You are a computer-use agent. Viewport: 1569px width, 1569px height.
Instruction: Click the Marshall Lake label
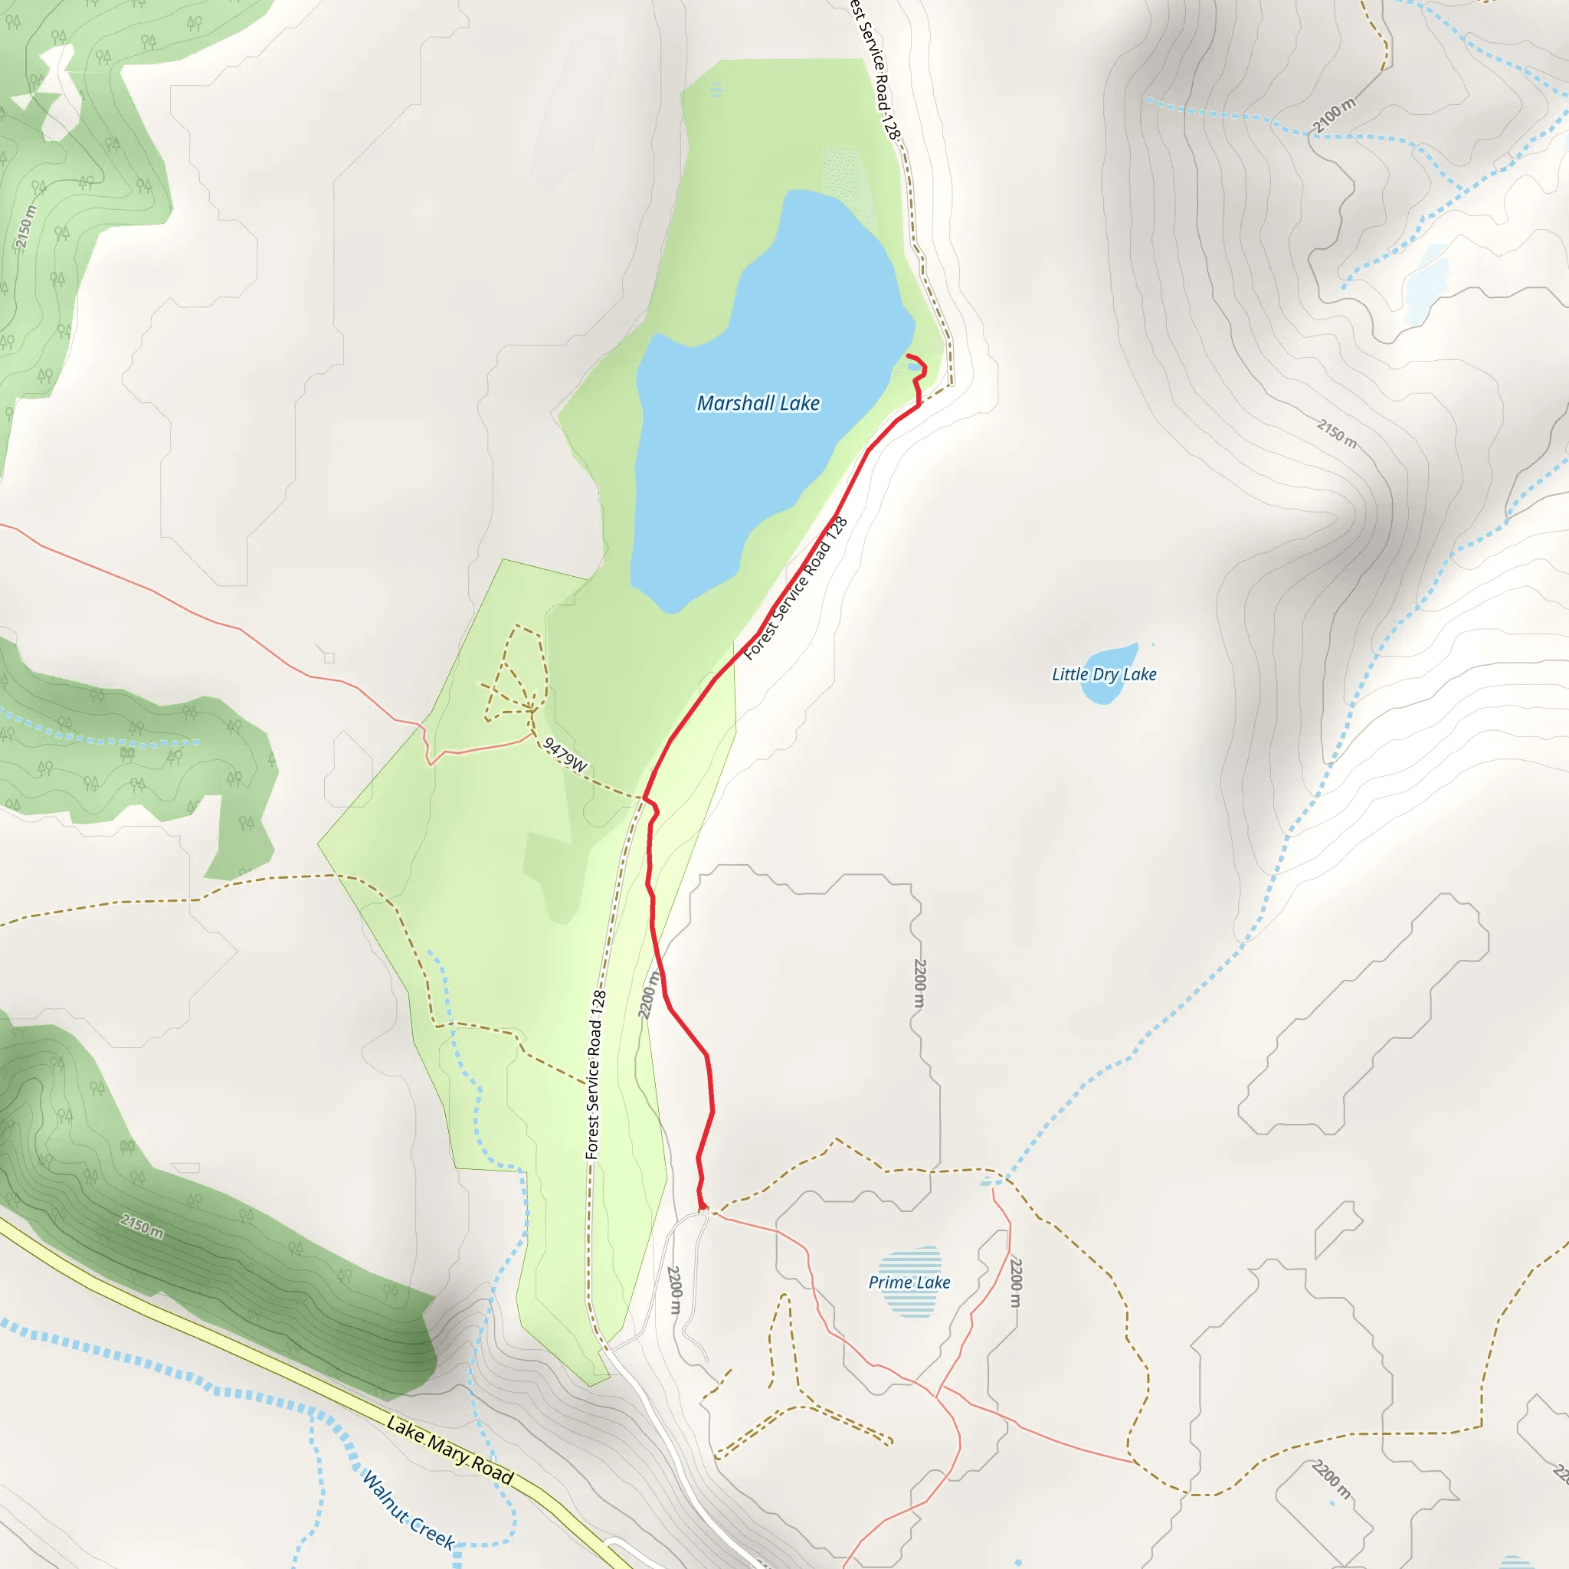coord(758,404)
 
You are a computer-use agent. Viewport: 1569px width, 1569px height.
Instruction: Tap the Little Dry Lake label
coord(1104,674)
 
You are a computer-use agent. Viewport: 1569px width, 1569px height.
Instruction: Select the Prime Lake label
coord(909,1282)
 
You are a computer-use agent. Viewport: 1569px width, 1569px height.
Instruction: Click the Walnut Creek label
coord(408,1510)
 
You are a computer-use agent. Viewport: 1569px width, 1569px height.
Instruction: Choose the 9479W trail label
coord(565,755)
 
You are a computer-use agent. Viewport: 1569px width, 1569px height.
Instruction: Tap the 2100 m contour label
coord(1335,116)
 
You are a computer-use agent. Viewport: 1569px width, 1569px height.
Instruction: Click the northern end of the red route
coord(907,355)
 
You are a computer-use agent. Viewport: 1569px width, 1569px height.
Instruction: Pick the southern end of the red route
coord(703,1210)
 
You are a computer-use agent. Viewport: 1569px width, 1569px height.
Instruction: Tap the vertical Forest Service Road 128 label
coord(595,1073)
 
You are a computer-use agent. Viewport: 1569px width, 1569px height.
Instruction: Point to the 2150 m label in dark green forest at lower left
coord(142,1226)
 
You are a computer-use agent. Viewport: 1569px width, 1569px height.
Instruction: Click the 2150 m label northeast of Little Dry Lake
coord(1337,433)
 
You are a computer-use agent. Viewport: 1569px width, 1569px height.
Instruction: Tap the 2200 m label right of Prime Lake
coord(1015,1282)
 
